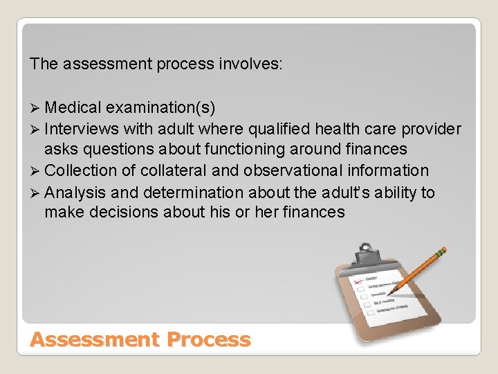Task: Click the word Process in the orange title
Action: click(x=207, y=340)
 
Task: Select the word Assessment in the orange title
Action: click(x=95, y=340)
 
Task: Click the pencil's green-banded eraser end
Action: click(x=441, y=253)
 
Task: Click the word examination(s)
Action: click(x=161, y=108)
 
